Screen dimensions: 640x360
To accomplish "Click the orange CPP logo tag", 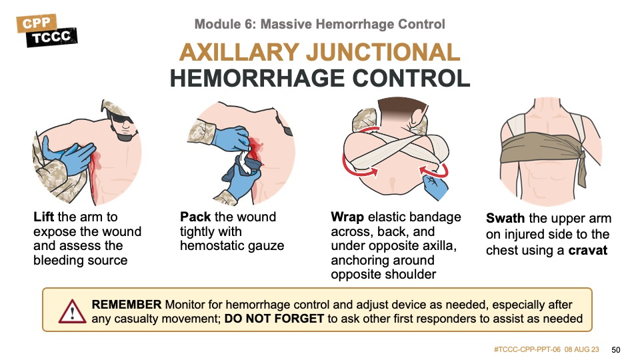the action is point(36,23).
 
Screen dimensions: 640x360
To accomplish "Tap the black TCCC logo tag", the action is point(51,37).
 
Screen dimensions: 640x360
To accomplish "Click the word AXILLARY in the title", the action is point(239,53).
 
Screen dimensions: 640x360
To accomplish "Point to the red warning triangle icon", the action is point(72,312).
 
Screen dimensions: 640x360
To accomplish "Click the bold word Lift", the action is point(44,217).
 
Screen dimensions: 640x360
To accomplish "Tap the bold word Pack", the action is point(195,217).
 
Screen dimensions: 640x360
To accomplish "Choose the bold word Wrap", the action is point(347,217).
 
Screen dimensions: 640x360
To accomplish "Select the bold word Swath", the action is point(505,219).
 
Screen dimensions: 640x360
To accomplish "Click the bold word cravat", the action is point(588,250).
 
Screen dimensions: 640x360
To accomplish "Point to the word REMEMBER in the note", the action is point(127,305).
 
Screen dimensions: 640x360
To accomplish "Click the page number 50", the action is point(615,350).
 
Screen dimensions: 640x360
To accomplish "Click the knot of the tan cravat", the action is point(583,157).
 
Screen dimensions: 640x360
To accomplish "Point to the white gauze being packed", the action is point(245,158).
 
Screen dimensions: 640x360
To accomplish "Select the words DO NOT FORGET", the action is point(274,319).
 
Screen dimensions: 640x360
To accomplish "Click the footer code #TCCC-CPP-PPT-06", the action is point(527,349).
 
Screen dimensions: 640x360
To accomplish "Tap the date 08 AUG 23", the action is point(581,349).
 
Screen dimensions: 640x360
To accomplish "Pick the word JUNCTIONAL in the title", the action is point(383,53).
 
